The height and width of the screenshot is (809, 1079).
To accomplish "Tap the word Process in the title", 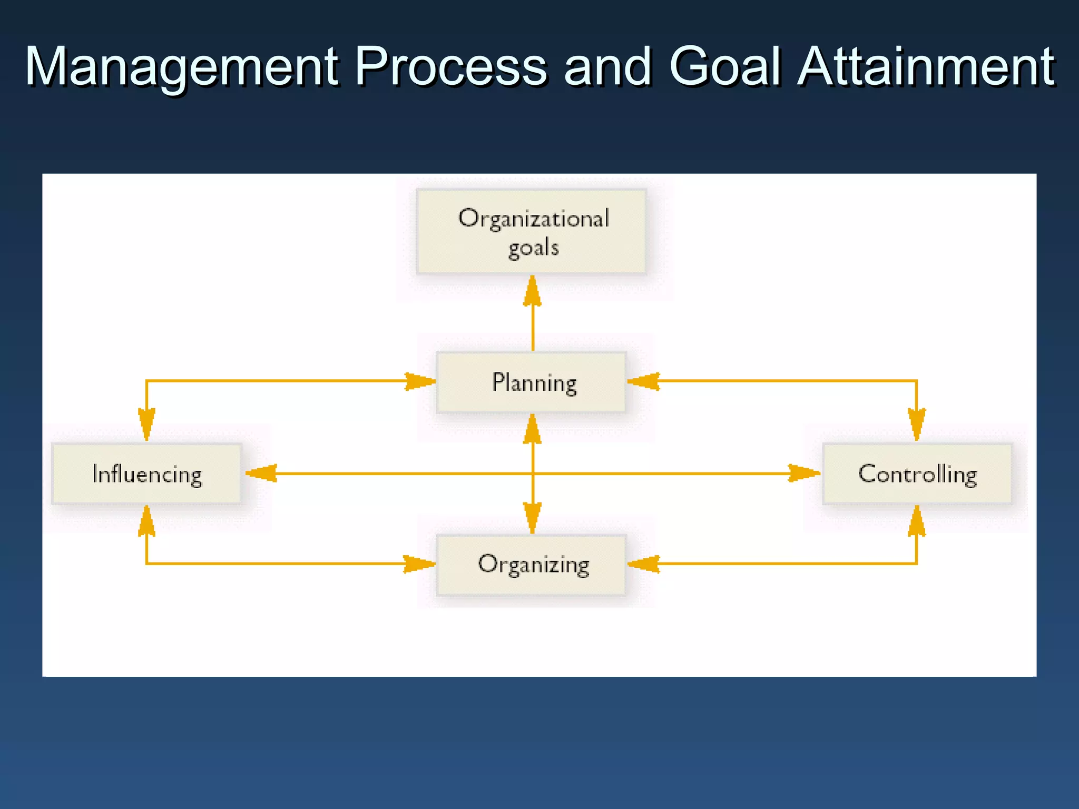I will click(451, 67).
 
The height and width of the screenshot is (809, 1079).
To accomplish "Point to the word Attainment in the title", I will click(926, 67).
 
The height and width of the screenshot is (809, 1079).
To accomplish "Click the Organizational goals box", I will click(531, 232).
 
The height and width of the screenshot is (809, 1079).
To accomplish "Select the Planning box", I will click(531, 382).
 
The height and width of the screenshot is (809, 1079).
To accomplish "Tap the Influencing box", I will click(146, 474).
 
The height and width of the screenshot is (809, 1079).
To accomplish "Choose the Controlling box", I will click(917, 474).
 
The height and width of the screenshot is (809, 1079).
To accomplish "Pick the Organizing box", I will click(531, 565).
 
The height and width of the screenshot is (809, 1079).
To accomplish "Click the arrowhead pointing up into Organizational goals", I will click(533, 291).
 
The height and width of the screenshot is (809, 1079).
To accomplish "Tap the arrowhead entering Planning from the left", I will click(419, 381).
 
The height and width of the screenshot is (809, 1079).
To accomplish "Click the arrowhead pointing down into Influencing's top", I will click(146, 423).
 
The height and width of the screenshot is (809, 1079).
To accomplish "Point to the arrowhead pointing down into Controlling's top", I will click(917, 423).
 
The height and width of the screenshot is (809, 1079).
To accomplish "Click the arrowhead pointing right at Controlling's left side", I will click(803, 473).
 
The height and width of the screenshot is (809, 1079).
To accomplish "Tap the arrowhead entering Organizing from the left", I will click(419, 564).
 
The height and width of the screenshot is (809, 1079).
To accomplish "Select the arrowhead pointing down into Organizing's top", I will click(533, 517).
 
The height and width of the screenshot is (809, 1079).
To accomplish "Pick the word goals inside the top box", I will click(533, 248).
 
